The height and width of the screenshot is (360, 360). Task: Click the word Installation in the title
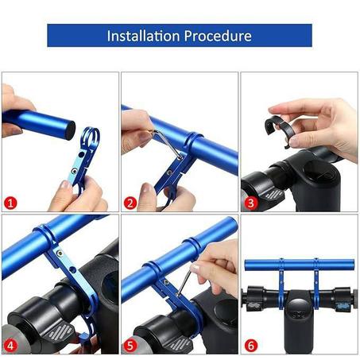click(142, 36)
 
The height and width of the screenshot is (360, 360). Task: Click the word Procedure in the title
click(218, 36)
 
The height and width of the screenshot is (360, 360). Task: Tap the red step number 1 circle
click(10, 203)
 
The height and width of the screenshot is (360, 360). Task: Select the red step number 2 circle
click(130, 203)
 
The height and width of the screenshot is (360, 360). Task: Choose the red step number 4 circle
click(10, 345)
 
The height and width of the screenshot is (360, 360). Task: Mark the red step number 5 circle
click(130, 345)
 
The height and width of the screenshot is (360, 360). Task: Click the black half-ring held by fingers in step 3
click(277, 127)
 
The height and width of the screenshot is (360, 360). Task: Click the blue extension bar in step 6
click(298, 266)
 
